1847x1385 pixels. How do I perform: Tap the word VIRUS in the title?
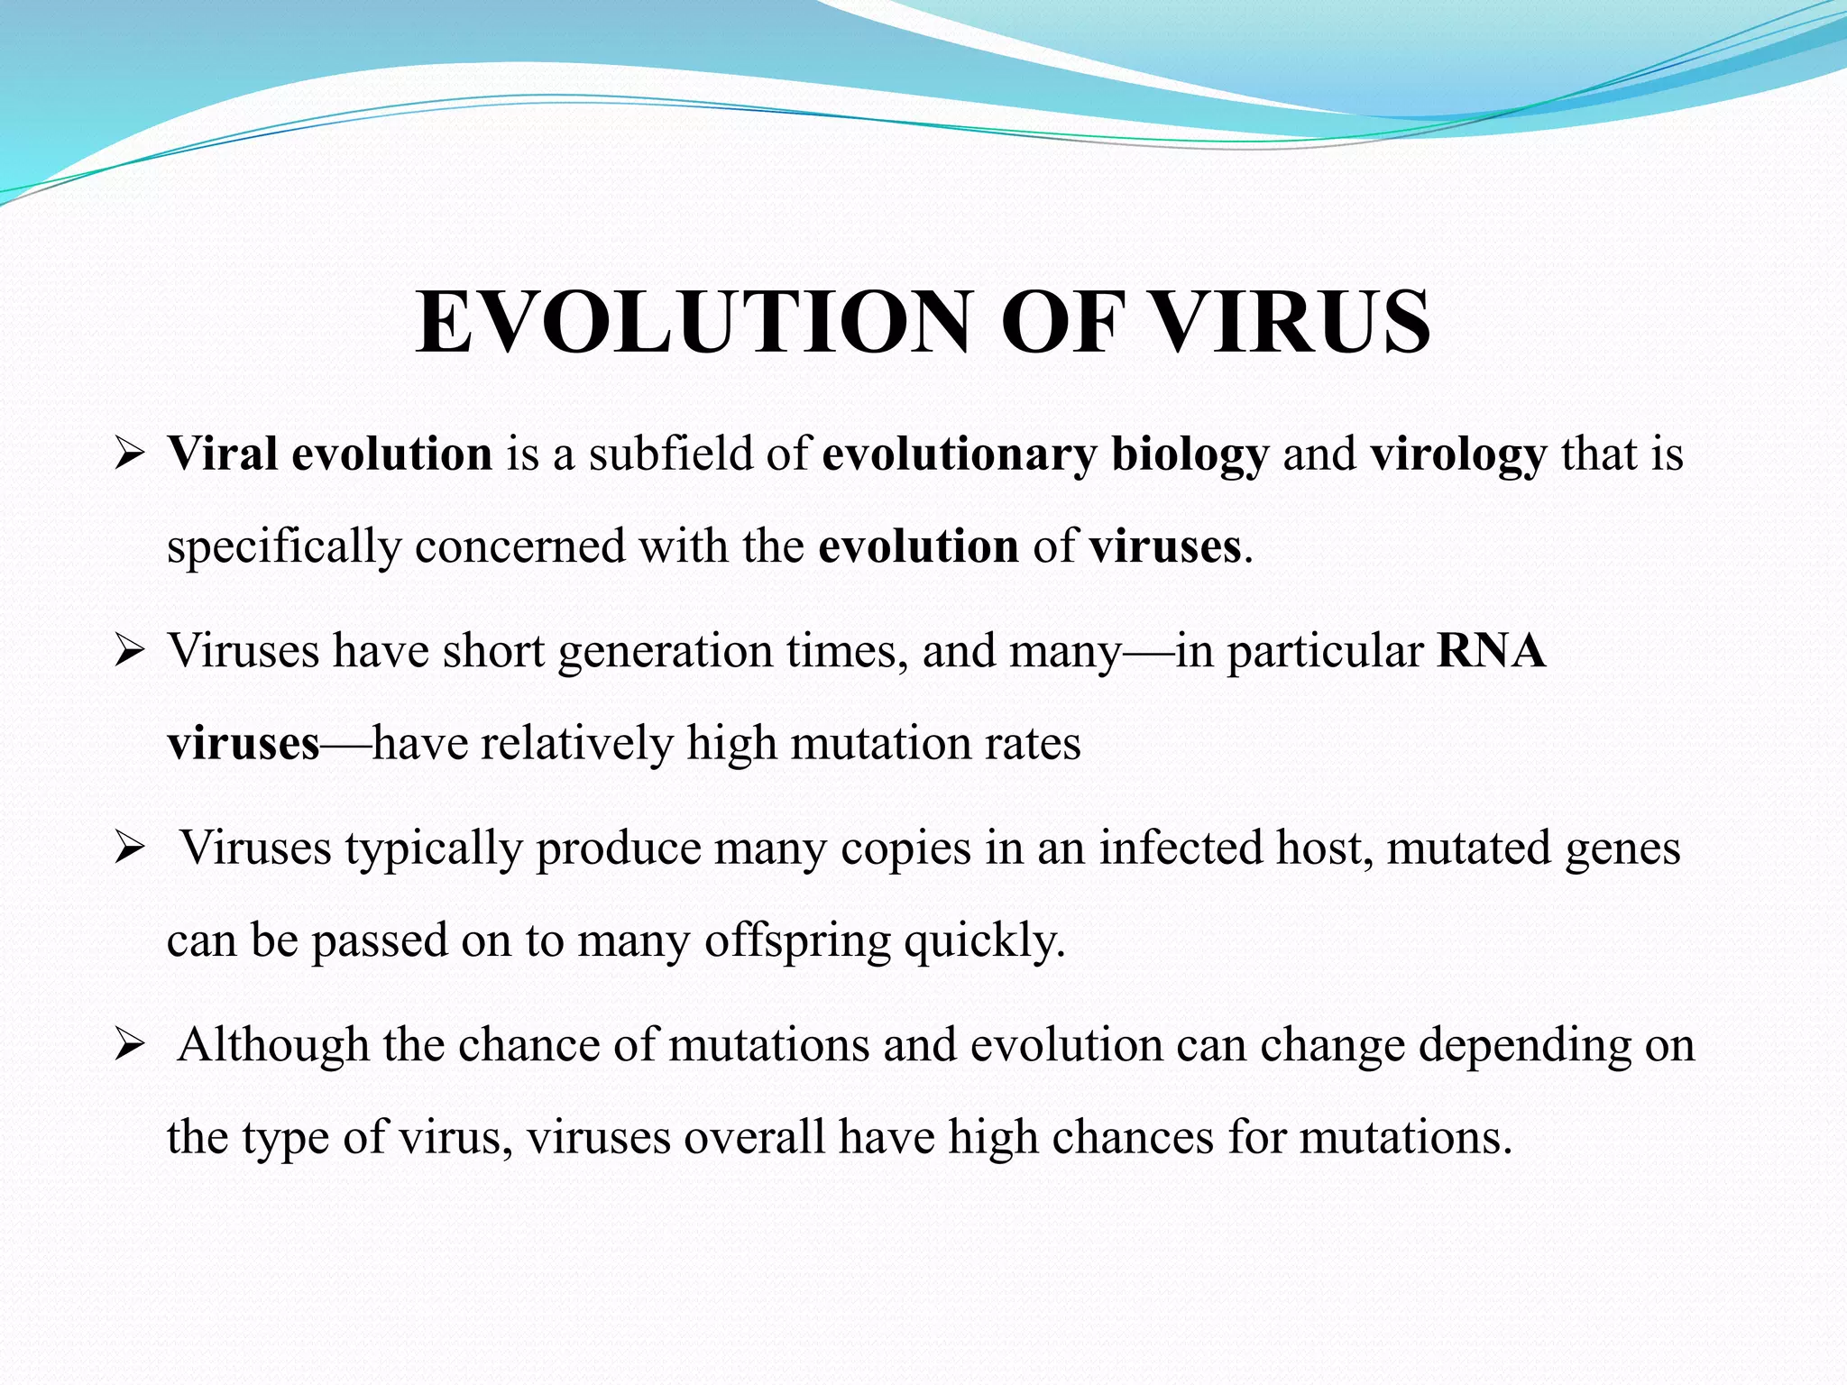(x=1292, y=323)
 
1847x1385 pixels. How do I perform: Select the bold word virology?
(x=1458, y=454)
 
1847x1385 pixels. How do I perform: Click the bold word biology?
(x=1190, y=454)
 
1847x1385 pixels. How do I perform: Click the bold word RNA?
(x=1491, y=651)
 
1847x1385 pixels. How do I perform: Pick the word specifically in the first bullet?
(x=283, y=547)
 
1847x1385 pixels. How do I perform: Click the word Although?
(x=273, y=1046)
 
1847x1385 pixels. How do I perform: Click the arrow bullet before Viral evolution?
(x=130, y=454)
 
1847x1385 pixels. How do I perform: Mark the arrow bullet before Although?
(x=130, y=1046)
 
